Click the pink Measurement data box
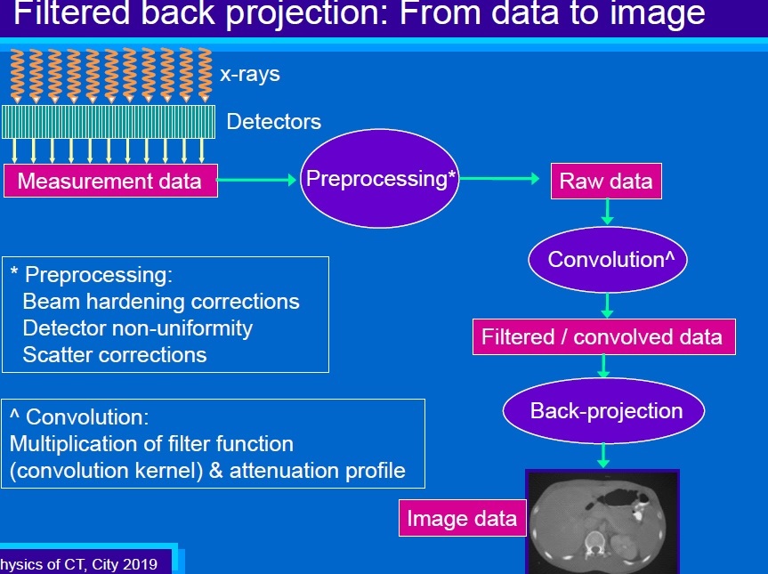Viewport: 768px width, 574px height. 110,181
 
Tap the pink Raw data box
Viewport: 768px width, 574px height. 605,181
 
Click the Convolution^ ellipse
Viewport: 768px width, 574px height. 607,260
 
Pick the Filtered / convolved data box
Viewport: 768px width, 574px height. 603,337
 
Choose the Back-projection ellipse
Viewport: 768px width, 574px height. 604,410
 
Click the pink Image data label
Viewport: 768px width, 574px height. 461,519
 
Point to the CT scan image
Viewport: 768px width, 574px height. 602,522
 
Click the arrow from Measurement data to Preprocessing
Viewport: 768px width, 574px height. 257,181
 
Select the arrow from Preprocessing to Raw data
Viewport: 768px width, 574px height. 499,179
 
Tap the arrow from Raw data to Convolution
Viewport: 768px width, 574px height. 607,212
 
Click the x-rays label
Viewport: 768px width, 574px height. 250,74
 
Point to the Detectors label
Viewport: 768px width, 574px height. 273,121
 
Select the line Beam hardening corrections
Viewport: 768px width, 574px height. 161,302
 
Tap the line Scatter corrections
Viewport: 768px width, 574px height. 115,355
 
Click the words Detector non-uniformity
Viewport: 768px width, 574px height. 137,328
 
